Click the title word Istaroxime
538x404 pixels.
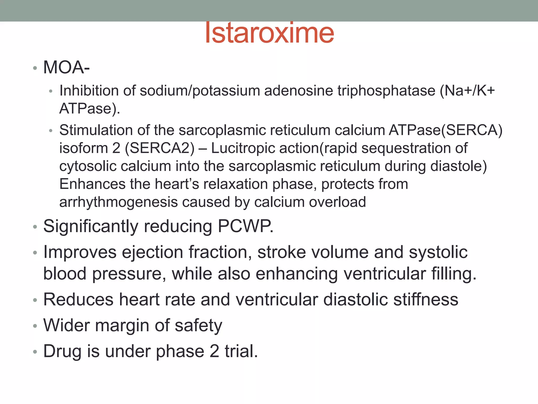click(x=269, y=33)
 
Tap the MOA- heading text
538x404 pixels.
click(x=66, y=68)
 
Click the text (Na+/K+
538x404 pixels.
click(x=467, y=91)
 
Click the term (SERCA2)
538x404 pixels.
click(x=160, y=148)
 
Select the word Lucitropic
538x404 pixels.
click(x=243, y=148)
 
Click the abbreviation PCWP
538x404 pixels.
click(x=245, y=226)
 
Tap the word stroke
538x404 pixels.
click(x=282, y=252)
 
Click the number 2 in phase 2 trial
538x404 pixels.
click(x=214, y=351)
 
